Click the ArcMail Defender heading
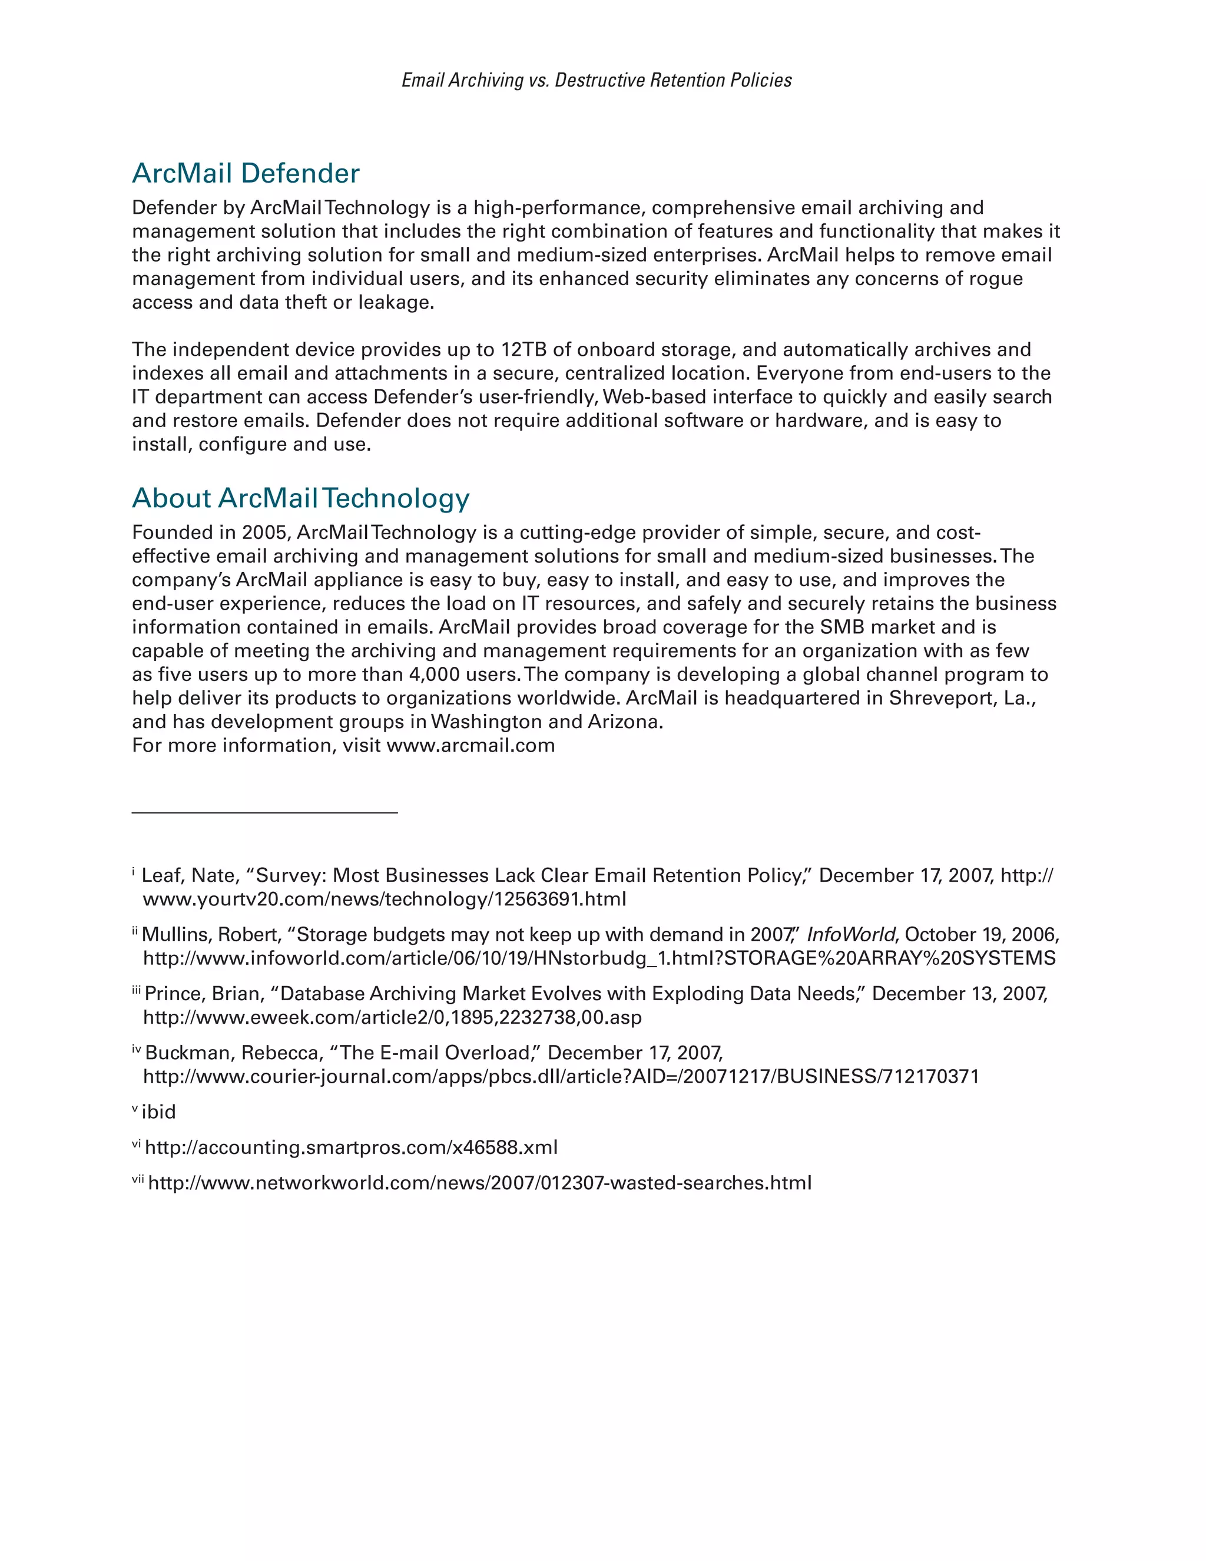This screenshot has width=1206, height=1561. (x=246, y=174)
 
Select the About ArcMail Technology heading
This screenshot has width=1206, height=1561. (x=301, y=498)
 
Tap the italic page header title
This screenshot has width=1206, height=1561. (x=597, y=80)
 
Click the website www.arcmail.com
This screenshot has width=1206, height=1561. (x=471, y=746)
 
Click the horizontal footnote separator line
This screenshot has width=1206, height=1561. (x=264, y=813)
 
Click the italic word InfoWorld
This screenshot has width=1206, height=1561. (x=850, y=935)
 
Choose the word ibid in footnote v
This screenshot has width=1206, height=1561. (x=158, y=1112)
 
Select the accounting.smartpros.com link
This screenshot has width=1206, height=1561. (x=351, y=1148)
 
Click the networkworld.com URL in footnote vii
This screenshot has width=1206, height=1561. (x=479, y=1183)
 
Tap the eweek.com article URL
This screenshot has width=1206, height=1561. (x=392, y=1017)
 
